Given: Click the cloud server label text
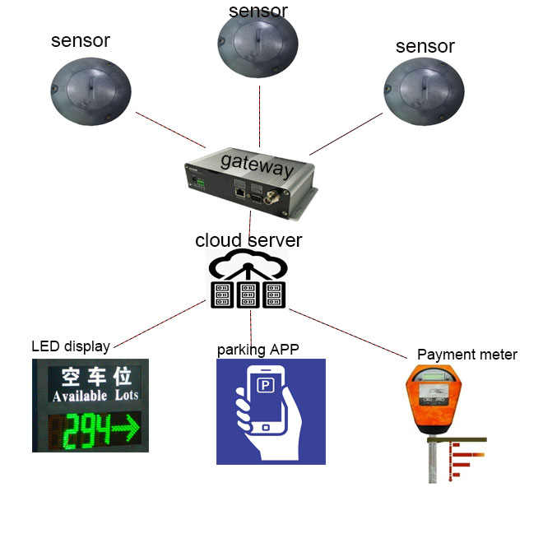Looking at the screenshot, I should click(x=248, y=240).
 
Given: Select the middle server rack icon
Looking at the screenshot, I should click(x=248, y=295).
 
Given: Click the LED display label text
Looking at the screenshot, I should click(x=70, y=346).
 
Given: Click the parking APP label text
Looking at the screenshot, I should click(x=258, y=350).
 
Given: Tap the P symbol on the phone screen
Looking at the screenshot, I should click(x=265, y=385).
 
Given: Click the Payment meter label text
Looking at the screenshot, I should click(x=467, y=355).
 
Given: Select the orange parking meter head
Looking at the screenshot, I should click(x=433, y=399).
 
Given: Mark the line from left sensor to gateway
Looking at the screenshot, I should click(x=170, y=130).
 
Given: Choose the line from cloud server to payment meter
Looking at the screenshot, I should click(x=347, y=334).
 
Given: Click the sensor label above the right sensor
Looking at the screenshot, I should click(x=425, y=46).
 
